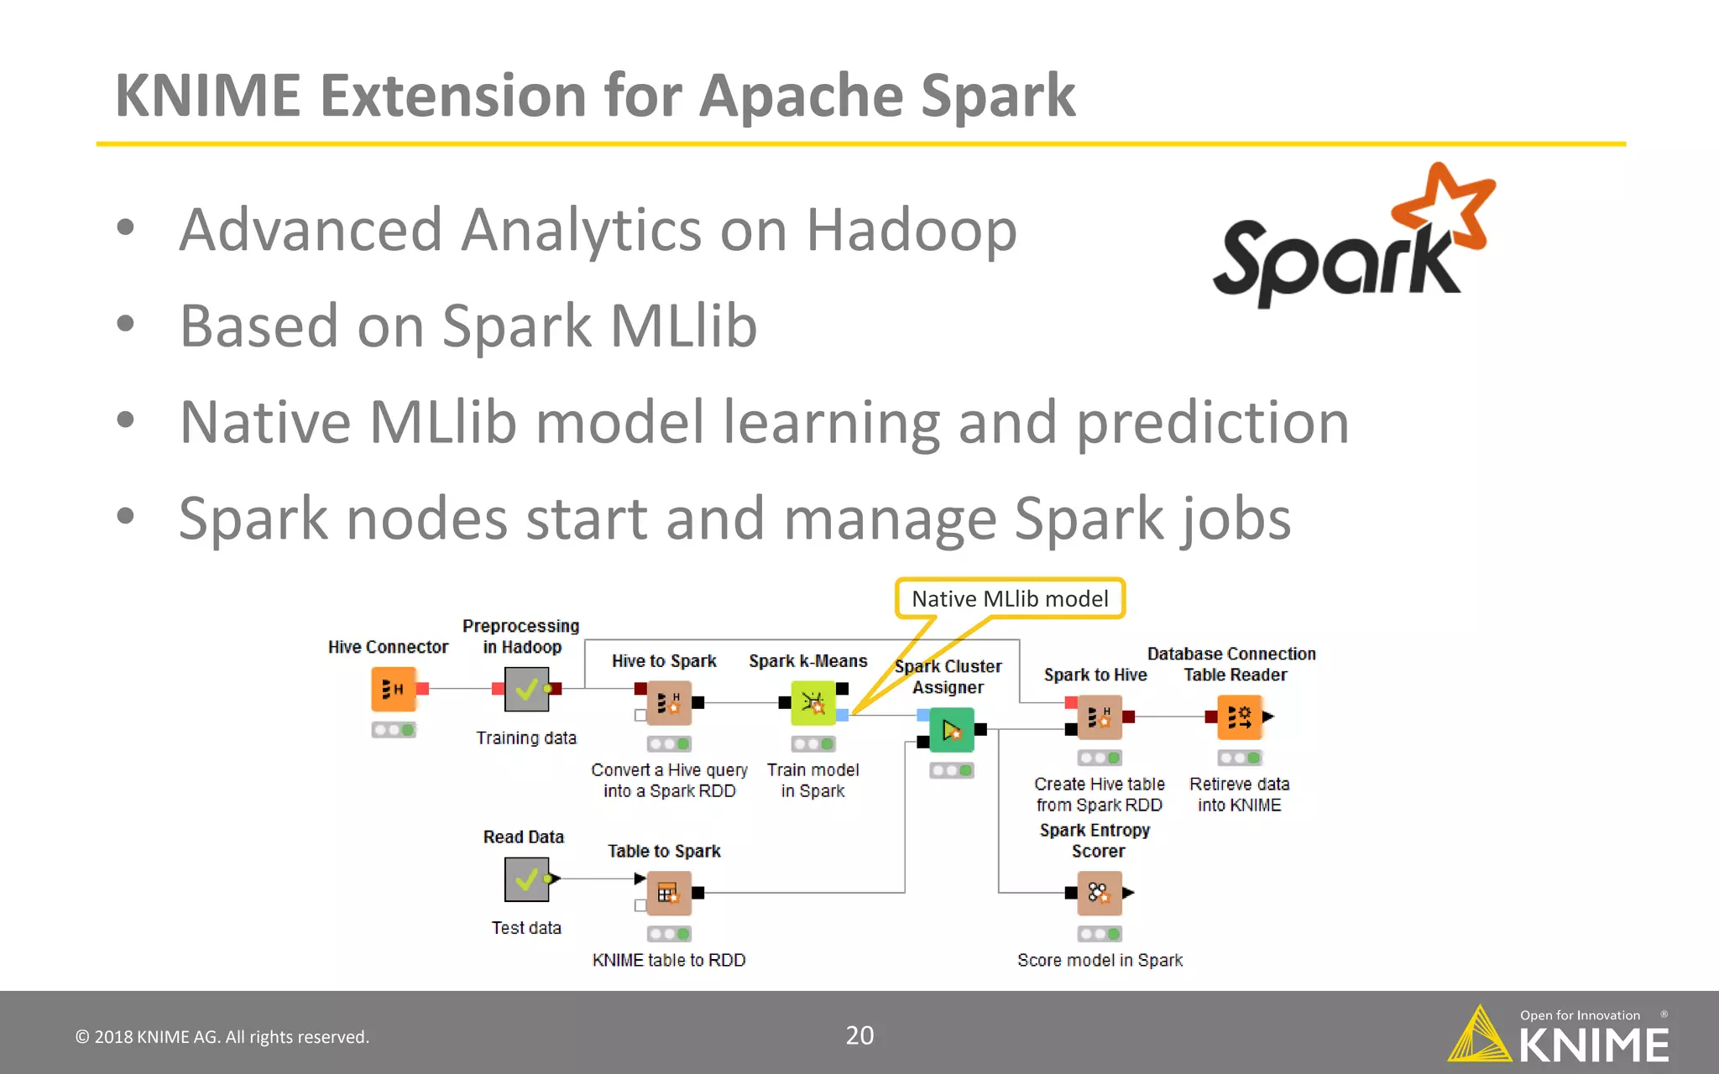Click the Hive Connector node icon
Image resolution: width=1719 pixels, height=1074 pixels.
coord(394,689)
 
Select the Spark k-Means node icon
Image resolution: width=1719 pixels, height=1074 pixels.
coord(812,703)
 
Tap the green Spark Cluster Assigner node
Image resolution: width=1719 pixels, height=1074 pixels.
coord(951,730)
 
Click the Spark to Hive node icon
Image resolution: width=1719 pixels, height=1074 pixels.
coord(1099,717)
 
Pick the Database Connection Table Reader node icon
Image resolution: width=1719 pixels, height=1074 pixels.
coord(1239,717)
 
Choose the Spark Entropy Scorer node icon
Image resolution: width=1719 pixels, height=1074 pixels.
coord(1099,893)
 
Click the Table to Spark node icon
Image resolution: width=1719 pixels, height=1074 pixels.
coord(668,893)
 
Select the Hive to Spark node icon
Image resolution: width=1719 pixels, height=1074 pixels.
coord(668,703)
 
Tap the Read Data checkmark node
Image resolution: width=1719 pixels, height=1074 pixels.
coord(526,879)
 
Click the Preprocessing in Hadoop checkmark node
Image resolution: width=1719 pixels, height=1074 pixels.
coord(526,689)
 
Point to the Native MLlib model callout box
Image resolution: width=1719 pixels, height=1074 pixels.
coord(1010,598)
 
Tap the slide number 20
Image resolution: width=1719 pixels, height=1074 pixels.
coord(859,1035)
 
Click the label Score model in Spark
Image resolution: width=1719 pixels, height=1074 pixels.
coord(1100,960)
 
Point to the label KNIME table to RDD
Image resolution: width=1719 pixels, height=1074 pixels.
coord(668,960)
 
